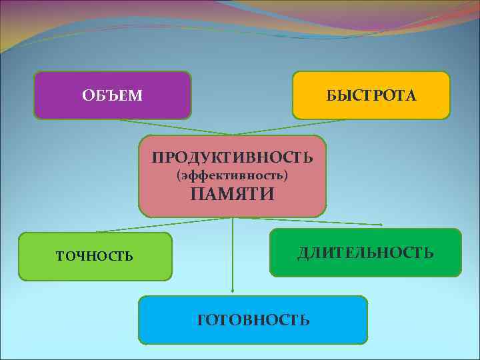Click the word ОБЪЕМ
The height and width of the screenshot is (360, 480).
point(112,96)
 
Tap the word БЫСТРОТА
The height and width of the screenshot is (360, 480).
point(371,96)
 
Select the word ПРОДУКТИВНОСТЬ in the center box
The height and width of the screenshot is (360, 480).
point(232,157)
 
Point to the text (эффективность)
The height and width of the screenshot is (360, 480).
point(232,176)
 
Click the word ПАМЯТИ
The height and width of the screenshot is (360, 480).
point(232,194)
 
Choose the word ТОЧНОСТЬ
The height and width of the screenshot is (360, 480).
point(94,255)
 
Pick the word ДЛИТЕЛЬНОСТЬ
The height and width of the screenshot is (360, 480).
point(365,253)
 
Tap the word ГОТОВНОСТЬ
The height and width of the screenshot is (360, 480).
point(253,320)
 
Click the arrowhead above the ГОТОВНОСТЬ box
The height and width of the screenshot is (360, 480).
point(232,291)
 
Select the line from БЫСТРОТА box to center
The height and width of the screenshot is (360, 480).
point(293,127)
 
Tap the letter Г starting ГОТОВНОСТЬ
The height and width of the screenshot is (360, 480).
point(202,320)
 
